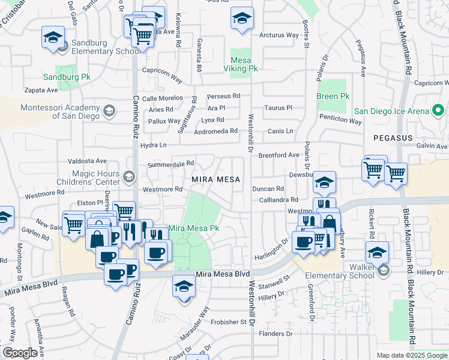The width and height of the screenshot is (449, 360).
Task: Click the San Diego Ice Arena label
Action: pos(391,111)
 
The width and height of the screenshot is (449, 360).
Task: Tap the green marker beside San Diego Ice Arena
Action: pos(438,111)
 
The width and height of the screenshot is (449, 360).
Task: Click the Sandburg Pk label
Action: pos(67,77)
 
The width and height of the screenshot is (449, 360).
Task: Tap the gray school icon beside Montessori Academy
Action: pos(109,111)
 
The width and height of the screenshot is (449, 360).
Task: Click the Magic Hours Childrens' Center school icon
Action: pos(129,177)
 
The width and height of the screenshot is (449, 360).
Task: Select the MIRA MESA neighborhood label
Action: pos(215,179)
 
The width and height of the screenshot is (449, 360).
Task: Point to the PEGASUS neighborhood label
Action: pos(393,138)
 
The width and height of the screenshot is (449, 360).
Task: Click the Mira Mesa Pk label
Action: pos(194,228)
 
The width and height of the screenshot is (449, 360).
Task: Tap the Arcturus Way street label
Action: pos(279,35)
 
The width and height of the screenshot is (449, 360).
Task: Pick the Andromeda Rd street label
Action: pos(216,131)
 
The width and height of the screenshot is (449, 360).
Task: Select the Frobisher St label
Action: pos(228,322)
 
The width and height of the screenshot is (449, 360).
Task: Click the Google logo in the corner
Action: pos(20,353)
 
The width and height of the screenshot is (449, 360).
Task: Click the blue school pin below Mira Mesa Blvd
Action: pos(184,286)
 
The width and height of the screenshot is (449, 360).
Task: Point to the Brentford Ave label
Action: pos(279,155)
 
